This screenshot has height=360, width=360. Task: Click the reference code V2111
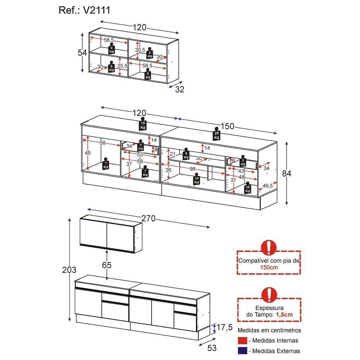click(96, 10)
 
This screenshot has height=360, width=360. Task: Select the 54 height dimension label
click(82, 53)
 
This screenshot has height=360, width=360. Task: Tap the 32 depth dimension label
click(179, 90)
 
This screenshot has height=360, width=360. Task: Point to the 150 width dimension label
click(228, 126)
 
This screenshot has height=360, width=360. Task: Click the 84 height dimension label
click(287, 173)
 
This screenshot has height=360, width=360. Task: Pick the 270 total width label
click(148, 219)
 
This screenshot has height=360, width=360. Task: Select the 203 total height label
click(69, 270)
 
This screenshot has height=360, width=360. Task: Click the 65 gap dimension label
click(107, 265)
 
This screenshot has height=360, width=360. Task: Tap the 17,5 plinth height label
click(224, 328)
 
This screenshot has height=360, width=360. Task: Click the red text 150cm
click(269, 267)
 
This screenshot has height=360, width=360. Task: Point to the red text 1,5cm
click(284, 314)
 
